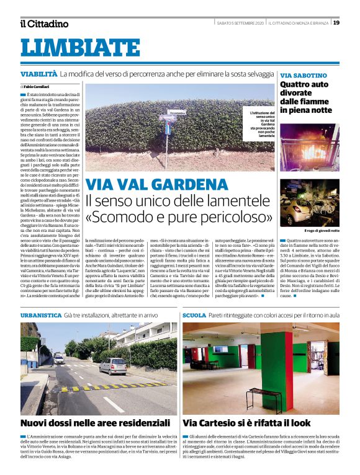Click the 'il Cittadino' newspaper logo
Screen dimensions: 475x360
point(44,24)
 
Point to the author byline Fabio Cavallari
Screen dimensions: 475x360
point(37,86)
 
